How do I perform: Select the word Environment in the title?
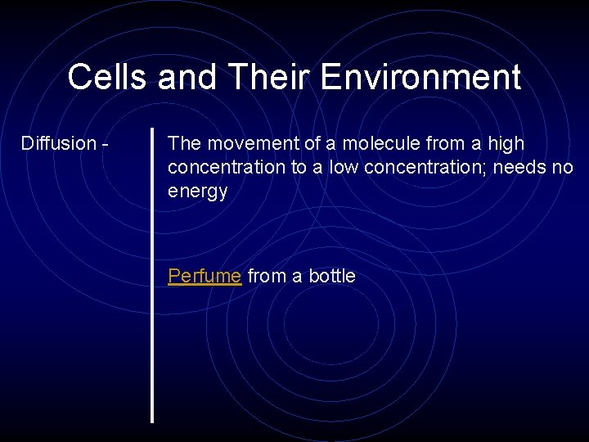click(x=420, y=78)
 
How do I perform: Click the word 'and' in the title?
click(x=187, y=78)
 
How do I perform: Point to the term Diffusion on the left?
click(x=59, y=143)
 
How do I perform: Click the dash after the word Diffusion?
click(x=106, y=144)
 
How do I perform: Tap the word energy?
click(x=197, y=192)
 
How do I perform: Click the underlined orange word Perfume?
click(x=205, y=276)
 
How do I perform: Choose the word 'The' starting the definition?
click(x=184, y=143)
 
